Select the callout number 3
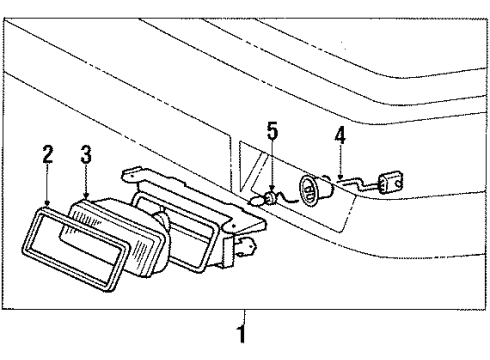point(87,154)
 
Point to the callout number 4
point(341,132)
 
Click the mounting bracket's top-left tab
point(129,176)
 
